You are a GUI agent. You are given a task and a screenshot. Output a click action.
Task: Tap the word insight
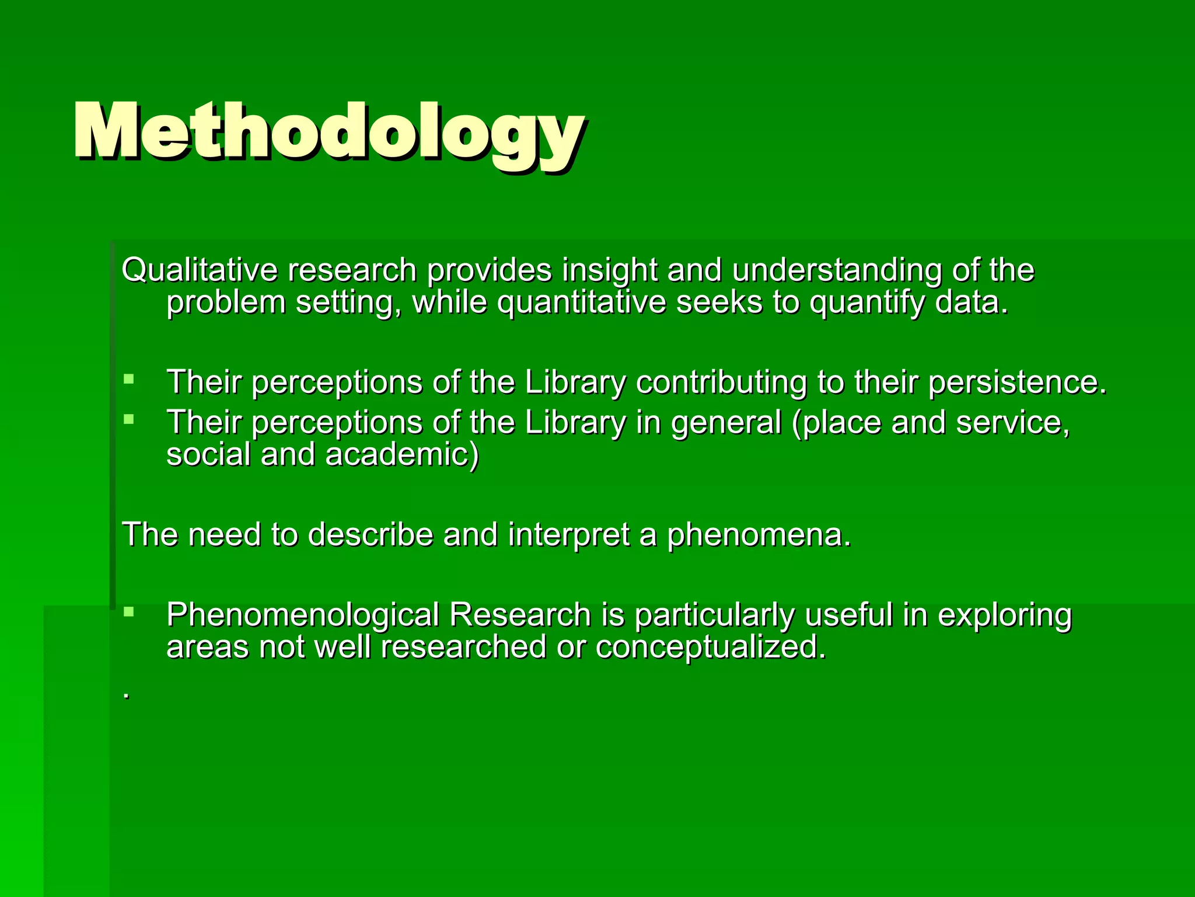point(609,270)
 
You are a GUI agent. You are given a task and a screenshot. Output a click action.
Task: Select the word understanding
point(837,270)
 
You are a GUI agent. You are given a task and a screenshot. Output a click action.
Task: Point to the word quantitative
point(581,303)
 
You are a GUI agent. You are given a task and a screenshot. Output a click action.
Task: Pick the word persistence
point(1017,383)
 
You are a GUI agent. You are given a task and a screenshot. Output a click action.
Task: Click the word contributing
point(721,383)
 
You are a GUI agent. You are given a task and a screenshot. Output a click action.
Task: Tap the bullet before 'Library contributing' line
point(129,380)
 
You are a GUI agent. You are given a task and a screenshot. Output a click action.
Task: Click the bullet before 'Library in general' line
point(129,419)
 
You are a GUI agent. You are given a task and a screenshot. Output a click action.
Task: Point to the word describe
point(371,534)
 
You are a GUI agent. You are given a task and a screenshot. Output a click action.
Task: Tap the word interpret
point(568,534)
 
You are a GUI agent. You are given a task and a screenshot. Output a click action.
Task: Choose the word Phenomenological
point(302,615)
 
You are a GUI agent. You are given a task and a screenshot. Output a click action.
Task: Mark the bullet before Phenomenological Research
point(129,612)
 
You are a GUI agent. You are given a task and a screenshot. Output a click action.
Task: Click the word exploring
point(1004,615)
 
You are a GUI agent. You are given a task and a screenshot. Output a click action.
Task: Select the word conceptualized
point(710,647)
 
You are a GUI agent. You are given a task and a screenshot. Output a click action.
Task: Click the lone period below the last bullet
point(126,696)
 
